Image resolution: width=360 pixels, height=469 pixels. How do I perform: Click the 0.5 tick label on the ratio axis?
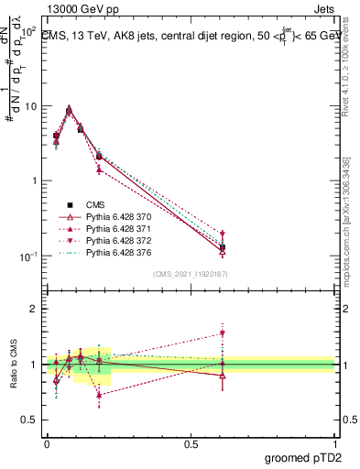pos(30,420)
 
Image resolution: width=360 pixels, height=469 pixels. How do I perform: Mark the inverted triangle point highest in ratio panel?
pos(222,333)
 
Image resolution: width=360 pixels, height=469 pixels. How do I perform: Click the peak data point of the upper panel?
pos(69,109)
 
